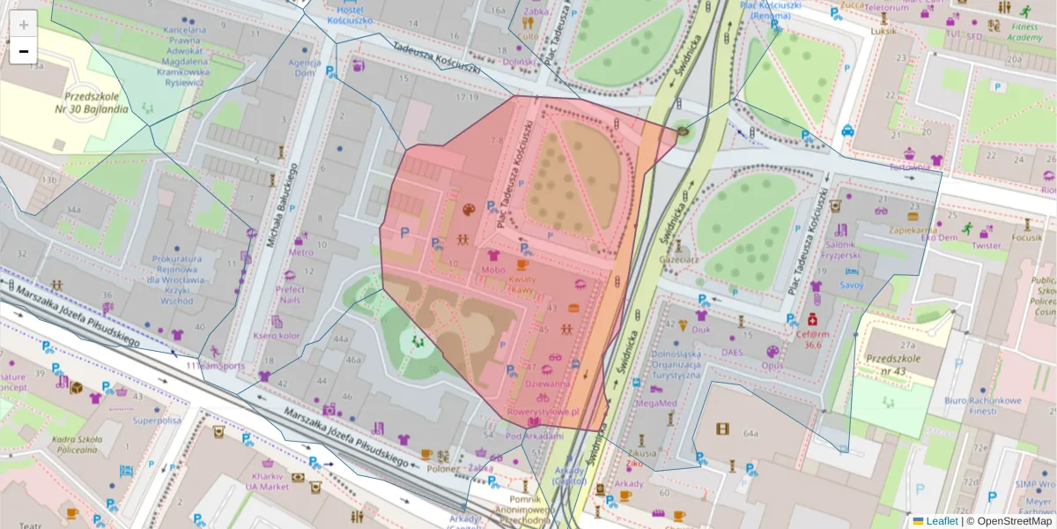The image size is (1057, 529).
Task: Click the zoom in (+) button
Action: [24, 24]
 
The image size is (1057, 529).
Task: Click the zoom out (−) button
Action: [24, 51]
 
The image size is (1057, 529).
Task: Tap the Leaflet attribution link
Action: [941, 521]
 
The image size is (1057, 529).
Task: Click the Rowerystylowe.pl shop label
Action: [542, 411]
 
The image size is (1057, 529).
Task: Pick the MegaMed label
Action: [657, 403]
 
